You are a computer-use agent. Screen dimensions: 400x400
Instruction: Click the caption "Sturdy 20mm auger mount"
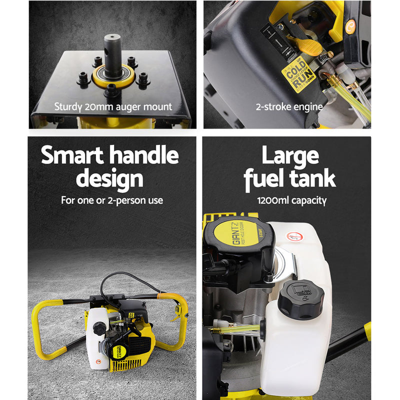point(112,106)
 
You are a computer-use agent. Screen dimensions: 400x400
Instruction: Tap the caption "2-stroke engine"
point(289,106)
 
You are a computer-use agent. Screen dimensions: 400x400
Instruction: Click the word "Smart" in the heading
point(73,155)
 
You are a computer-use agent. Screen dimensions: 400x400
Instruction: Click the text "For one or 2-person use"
point(112,200)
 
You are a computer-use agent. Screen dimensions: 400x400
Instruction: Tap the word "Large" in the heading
point(290,155)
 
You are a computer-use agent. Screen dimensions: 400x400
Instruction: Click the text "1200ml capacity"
point(292,200)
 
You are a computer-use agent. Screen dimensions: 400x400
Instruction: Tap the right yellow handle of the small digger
point(175,325)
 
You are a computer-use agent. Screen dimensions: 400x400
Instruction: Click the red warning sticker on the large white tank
point(293,236)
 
